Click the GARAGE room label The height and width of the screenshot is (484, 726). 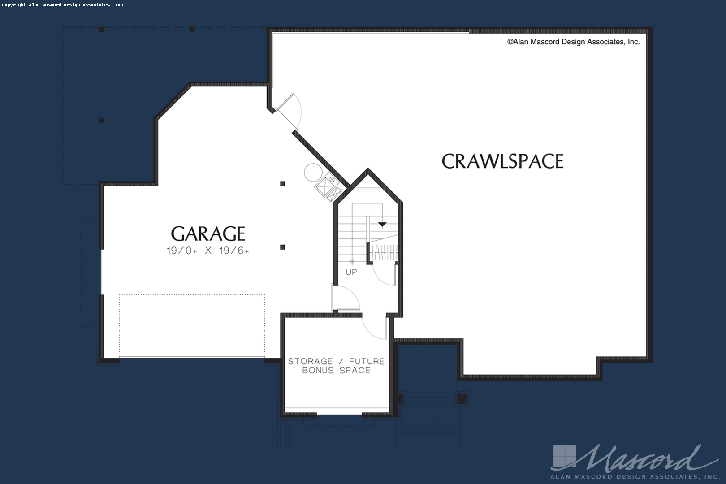point(208,233)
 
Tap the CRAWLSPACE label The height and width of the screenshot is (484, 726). point(502,161)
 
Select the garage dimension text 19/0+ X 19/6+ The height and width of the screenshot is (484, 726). point(208,251)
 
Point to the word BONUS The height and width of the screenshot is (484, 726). point(318,371)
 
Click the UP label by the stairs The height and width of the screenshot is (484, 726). point(351,272)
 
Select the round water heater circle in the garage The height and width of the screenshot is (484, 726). point(313,173)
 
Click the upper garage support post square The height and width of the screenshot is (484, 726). point(283,184)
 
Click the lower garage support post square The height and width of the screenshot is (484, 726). point(283,247)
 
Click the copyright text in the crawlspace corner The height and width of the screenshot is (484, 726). point(573,42)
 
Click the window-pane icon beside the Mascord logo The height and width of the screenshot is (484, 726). point(565,456)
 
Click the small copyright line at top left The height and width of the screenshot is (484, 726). point(63,5)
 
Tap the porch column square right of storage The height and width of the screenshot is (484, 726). point(462,399)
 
